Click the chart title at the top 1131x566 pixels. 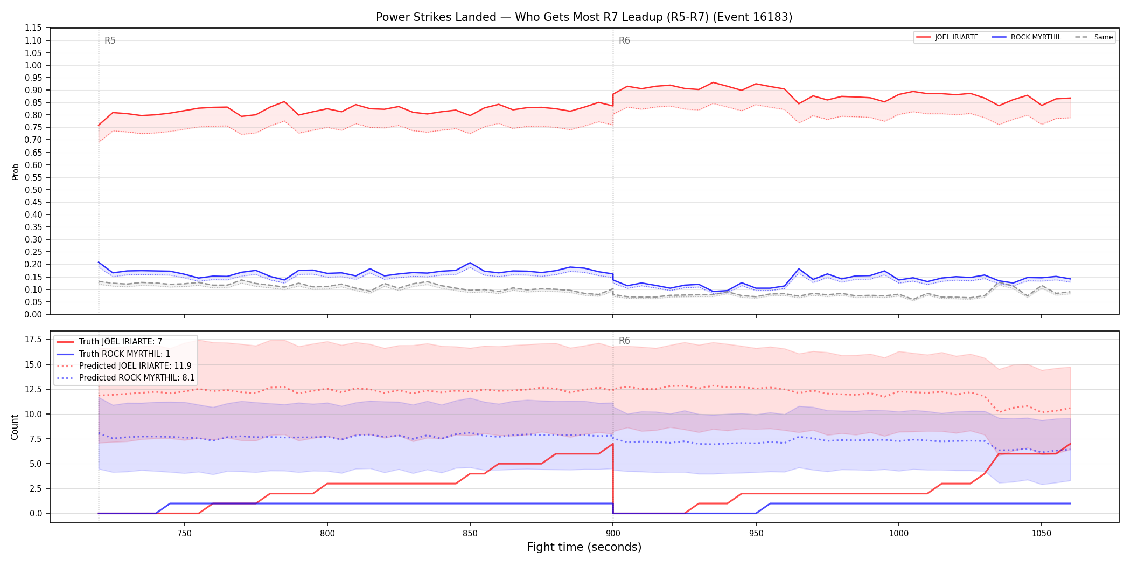(x=584, y=17)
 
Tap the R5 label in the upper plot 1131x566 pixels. (x=110, y=40)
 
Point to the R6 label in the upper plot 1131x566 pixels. (x=624, y=40)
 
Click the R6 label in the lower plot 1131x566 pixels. (x=624, y=341)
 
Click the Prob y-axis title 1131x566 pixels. (x=15, y=171)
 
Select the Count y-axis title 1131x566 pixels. (x=15, y=427)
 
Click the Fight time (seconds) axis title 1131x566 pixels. (x=584, y=547)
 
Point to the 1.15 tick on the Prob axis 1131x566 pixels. (x=33, y=28)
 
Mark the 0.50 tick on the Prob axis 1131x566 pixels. (x=33, y=190)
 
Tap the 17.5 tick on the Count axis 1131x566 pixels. (x=33, y=340)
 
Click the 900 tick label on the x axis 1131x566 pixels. (x=613, y=534)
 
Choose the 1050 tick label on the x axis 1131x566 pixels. (x=1041, y=534)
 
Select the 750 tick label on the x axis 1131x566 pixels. (x=184, y=534)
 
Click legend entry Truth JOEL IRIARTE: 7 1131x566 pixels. (x=121, y=342)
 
